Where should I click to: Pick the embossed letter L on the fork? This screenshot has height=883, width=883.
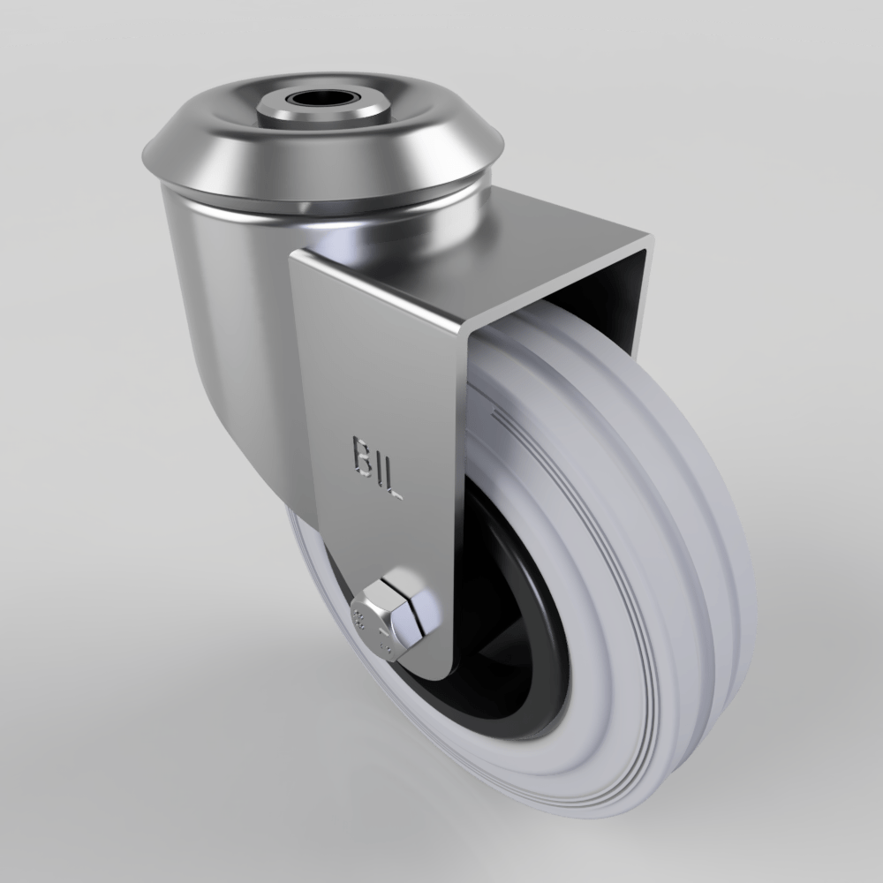[394, 485]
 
